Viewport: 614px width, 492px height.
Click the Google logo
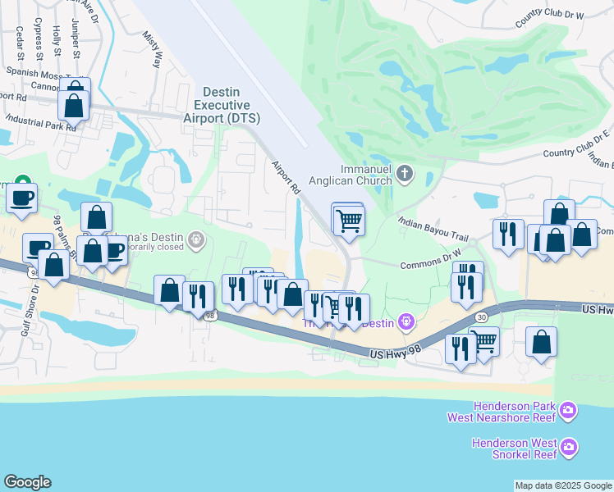(27, 482)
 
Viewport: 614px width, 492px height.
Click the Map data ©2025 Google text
(563, 485)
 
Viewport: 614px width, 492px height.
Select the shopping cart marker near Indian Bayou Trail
(349, 219)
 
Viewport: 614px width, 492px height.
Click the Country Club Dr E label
(578, 144)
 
